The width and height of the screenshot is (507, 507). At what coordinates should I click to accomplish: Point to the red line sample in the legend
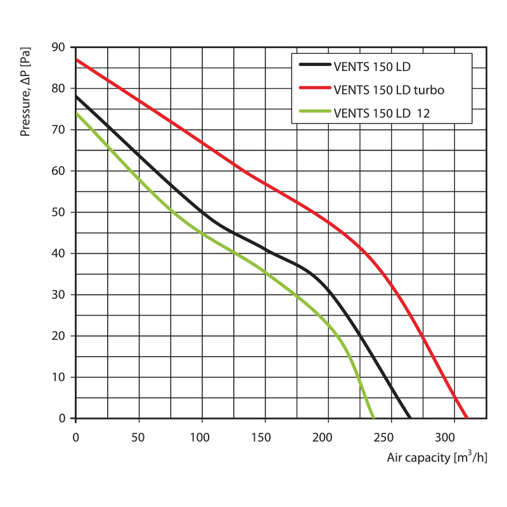pyautogui.click(x=314, y=89)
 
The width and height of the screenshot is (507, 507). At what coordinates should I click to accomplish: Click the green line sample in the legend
pyautogui.click(x=314, y=113)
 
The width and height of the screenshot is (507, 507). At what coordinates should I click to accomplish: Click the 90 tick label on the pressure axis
pyautogui.click(x=58, y=47)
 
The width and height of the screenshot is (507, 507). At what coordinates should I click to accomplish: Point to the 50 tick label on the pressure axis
pyautogui.click(x=58, y=212)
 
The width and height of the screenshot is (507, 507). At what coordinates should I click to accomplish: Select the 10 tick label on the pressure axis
pyautogui.click(x=58, y=377)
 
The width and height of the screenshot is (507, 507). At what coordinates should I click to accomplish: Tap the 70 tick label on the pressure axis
pyautogui.click(x=58, y=129)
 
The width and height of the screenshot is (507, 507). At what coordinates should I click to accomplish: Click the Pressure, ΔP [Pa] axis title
pyautogui.click(x=26, y=93)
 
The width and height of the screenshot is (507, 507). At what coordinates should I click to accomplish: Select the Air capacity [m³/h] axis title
pyautogui.click(x=437, y=458)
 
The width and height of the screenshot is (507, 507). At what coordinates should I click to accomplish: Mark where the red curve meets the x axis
pyautogui.click(x=467, y=418)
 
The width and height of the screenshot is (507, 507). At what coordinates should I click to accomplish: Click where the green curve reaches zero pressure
pyautogui.click(x=373, y=418)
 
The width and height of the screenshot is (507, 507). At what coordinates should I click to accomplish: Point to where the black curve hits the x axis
pyautogui.click(x=410, y=418)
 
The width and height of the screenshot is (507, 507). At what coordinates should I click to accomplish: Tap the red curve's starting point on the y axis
pyautogui.click(x=76, y=60)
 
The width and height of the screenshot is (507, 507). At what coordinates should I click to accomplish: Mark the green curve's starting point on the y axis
pyautogui.click(x=76, y=113)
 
